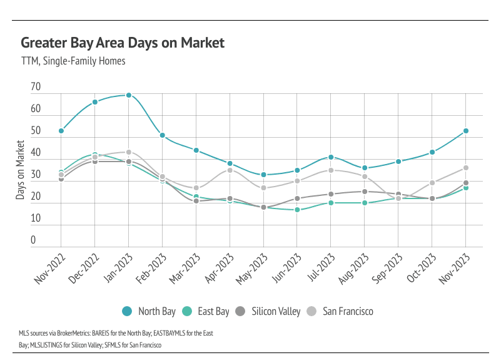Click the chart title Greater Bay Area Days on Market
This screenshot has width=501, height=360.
pyautogui.click(x=123, y=43)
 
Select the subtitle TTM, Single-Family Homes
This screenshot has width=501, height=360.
pyautogui.click(x=73, y=61)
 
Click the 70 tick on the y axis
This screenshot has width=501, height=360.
pyautogui.click(x=35, y=88)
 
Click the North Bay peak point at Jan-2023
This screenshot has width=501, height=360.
pyautogui.click(x=129, y=95)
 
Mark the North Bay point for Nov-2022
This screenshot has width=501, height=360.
pyautogui.click(x=61, y=131)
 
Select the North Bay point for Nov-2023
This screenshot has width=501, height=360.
pyautogui.click(x=466, y=131)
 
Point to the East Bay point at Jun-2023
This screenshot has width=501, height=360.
pyautogui.click(x=297, y=210)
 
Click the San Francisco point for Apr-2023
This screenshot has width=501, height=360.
pyautogui.click(x=230, y=170)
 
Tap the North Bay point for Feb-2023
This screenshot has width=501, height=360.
pyautogui.click(x=163, y=135)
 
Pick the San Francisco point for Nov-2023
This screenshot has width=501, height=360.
pyautogui.click(x=466, y=168)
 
